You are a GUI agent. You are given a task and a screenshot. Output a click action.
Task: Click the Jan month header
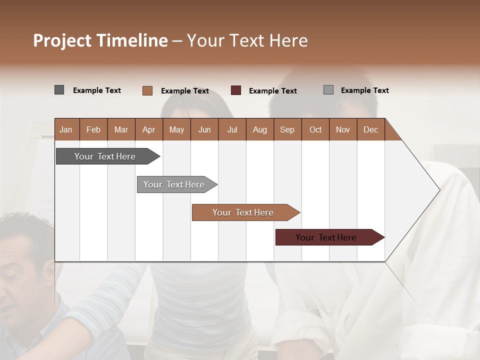[66, 129]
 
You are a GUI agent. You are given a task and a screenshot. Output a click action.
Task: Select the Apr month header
[149, 129]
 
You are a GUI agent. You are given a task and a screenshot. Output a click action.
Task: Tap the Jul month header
[232, 129]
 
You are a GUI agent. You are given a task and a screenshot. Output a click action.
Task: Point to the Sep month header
[287, 129]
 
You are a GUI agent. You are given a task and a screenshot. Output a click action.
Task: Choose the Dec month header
[370, 129]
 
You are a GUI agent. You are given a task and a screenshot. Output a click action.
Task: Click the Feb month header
[93, 129]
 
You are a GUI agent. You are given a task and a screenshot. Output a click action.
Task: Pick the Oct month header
[315, 129]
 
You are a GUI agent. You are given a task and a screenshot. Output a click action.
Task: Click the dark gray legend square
[59, 90]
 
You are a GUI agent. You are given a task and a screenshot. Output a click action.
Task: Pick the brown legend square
[147, 90]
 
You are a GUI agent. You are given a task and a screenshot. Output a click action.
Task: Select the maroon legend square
[236, 90]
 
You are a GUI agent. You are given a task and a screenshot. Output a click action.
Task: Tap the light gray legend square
[328, 90]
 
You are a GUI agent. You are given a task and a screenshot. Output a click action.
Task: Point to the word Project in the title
[62, 40]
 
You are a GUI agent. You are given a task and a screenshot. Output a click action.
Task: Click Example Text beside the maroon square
[272, 91]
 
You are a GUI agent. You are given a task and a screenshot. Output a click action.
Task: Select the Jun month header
[204, 129]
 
